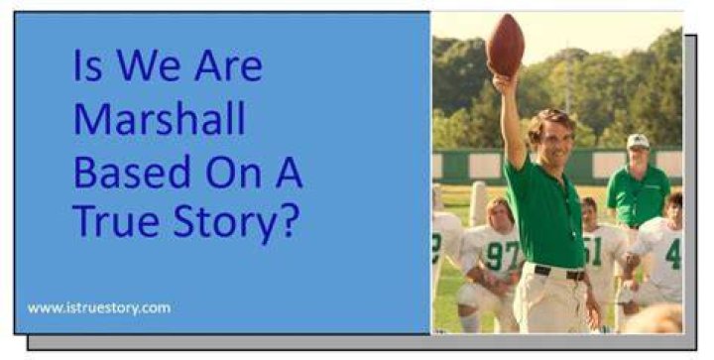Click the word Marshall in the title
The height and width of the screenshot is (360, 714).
click(160, 118)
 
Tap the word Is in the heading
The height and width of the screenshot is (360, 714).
click(87, 65)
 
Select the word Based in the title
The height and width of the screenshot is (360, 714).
click(132, 172)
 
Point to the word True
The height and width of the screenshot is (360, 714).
click(116, 221)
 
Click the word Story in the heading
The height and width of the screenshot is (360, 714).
click(224, 224)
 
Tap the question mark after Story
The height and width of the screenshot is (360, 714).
click(290, 220)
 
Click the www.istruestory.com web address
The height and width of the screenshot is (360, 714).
click(99, 308)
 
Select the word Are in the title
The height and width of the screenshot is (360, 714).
click(229, 65)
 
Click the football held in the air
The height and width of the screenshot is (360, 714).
click(505, 45)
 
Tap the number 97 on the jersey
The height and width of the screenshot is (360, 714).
click(503, 255)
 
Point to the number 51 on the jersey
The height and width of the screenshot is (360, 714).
click(592, 251)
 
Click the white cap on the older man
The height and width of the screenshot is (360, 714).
click(638, 141)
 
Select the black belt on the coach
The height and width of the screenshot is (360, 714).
click(559, 273)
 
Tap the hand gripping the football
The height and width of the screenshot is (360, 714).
click(505, 83)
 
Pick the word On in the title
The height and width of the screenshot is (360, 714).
click(234, 172)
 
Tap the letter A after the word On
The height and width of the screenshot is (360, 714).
click(290, 172)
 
